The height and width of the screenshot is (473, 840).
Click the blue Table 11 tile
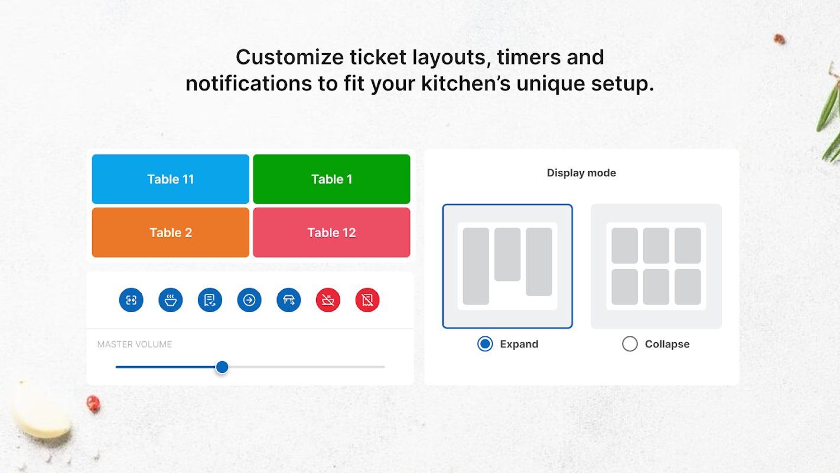171,179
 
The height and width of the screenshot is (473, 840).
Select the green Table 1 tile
331,179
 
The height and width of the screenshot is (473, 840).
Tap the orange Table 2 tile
171,232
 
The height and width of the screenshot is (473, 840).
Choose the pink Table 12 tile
331,232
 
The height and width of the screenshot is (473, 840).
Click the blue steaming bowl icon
171,300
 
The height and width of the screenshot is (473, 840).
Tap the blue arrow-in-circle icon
249,300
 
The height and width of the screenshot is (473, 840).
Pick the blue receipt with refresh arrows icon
210,300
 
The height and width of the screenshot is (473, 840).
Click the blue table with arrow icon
289,300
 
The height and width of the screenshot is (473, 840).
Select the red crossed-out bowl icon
328,300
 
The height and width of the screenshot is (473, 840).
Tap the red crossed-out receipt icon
367,300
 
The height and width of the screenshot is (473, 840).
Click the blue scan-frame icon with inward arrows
131,300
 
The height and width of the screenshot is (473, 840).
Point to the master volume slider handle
222,367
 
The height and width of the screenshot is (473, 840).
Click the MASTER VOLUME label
134,344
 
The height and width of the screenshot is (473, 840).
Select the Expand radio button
485,344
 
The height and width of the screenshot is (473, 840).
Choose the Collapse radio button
630,344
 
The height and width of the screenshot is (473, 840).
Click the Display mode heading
581,173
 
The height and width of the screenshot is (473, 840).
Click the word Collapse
667,344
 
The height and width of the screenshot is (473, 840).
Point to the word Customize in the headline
289,57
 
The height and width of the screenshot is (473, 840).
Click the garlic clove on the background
40,410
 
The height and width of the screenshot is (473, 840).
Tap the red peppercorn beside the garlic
93,404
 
